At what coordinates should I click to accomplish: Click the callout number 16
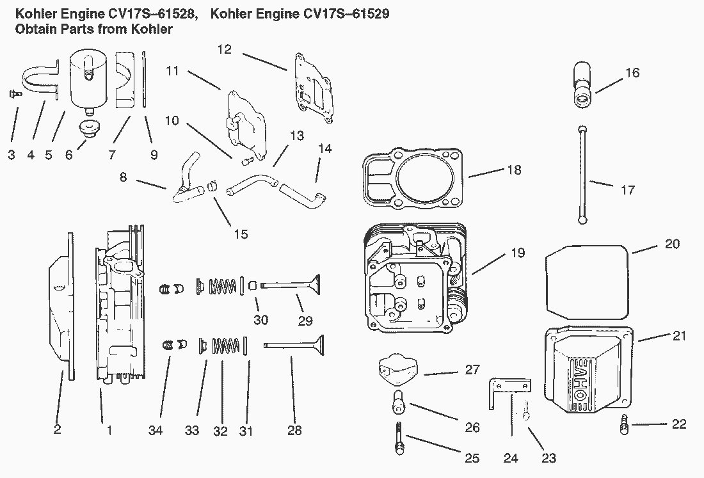tap(632, 73)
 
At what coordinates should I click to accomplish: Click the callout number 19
tap(518, 253)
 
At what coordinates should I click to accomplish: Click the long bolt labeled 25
tap(399, 440)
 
